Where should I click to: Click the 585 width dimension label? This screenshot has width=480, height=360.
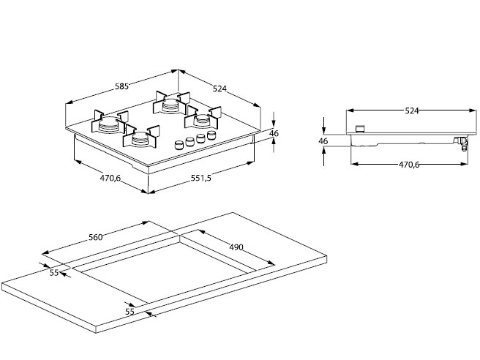121,86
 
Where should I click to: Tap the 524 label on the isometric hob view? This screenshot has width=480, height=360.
220,89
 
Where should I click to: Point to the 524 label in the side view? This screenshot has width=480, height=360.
411,110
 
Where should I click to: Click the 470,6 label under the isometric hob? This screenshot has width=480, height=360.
110,177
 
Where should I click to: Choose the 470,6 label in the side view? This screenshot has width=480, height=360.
408,165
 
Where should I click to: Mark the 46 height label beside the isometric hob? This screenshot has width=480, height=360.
274,133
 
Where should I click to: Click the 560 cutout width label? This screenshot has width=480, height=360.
95,236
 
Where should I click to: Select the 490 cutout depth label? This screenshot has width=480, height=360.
236,247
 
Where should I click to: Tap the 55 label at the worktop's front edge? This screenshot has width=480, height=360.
130,312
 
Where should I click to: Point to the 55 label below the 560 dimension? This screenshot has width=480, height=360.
54,273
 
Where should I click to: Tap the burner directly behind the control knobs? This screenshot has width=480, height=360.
203,119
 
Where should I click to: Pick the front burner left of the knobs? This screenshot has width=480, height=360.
143,138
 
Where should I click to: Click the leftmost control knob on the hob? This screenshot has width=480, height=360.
179,145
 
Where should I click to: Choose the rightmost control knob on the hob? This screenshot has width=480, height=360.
212,136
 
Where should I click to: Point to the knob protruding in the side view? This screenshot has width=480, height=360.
359,129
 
